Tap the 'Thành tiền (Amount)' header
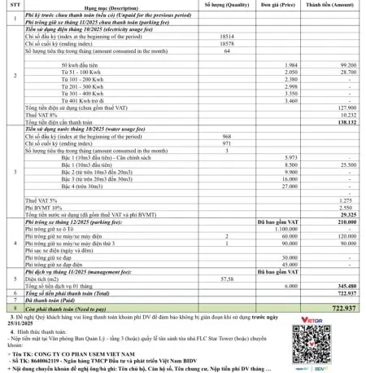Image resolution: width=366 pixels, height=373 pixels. point(332,6)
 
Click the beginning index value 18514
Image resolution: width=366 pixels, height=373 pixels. point(228,37)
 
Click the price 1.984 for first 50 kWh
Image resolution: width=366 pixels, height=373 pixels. point(293,64)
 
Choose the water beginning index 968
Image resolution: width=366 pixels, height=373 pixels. point(228,136)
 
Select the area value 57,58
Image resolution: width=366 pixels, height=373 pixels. point(228,279)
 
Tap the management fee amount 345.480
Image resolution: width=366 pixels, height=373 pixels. point(347,286)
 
